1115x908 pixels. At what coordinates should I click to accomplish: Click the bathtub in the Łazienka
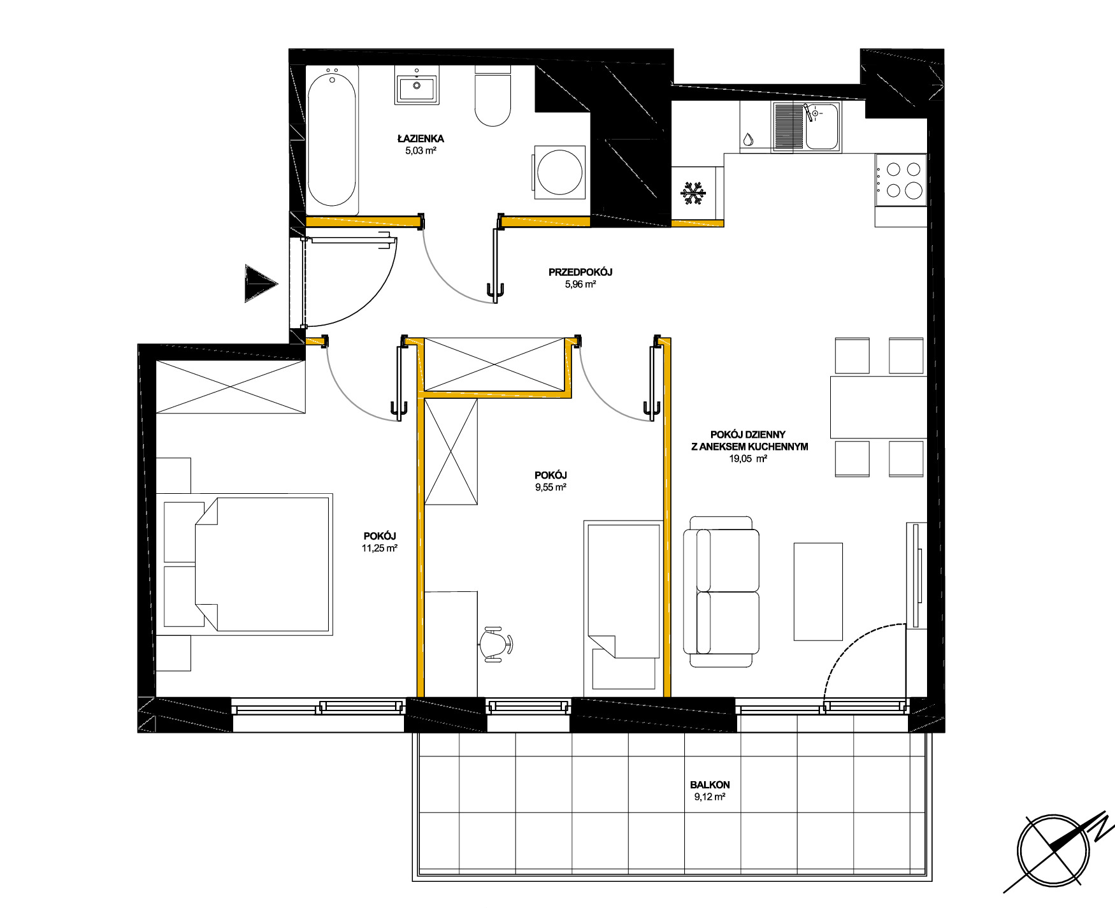[331, 140]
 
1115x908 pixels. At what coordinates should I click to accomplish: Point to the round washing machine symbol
[559, 172]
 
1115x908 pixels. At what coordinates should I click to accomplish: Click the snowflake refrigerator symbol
[693, 193]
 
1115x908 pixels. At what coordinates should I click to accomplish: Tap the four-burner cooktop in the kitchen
[900, 180]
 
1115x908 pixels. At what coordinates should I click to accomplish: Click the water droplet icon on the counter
[749, 138]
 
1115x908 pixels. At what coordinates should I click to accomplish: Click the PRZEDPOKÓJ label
[580, 272]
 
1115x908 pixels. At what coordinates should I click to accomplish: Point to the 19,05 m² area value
[748, 458]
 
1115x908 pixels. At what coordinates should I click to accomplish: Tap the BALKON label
[710, 785]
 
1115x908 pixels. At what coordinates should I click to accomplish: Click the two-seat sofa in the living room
[721, 591]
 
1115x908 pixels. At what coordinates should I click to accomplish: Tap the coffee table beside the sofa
[818, 591]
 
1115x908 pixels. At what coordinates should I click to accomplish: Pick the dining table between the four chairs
[879, 407]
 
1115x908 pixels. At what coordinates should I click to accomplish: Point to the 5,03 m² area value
[421, 151]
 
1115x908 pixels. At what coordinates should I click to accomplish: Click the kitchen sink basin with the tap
[822, 127]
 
